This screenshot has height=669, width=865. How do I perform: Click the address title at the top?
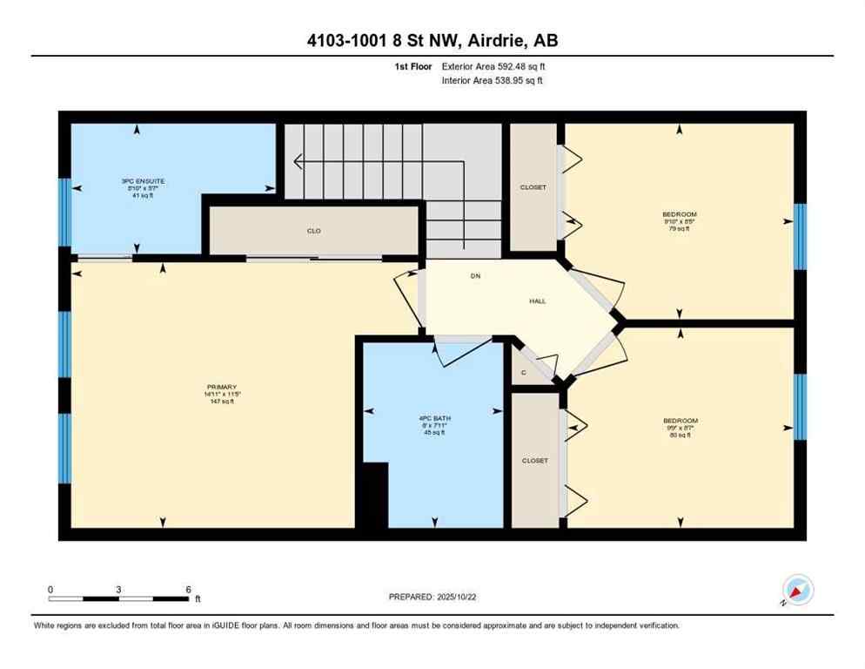432,41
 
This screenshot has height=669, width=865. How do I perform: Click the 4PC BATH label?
432,422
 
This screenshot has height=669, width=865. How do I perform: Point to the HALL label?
538,301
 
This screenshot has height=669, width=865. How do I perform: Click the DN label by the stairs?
475,276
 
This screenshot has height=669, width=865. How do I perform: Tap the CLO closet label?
314,231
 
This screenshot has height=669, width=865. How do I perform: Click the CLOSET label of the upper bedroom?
533,187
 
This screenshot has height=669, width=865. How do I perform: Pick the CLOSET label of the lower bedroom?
534,461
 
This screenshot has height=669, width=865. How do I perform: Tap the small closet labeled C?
523,372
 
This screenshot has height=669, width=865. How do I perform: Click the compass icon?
797,591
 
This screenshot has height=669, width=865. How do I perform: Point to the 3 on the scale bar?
117,589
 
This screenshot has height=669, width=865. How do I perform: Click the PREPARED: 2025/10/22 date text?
432,597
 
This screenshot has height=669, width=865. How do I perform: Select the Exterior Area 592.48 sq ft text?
493,66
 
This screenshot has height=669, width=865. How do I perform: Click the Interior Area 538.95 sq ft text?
493,81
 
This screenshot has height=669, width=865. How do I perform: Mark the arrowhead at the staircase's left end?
298,161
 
